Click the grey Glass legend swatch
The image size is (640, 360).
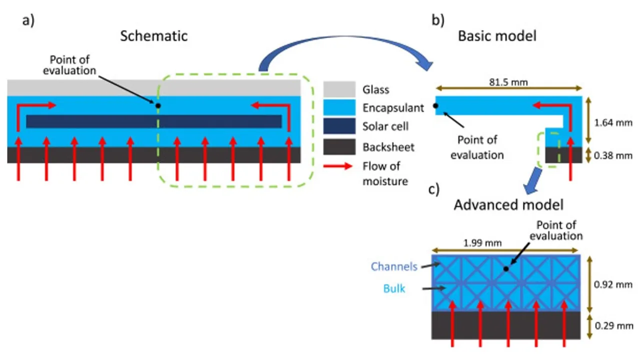(x=339, y=89)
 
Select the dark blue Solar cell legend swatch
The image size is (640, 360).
(x=339, y=126)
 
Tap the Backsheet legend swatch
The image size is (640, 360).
(x=339, y=146)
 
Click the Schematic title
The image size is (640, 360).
(x=154, y=36)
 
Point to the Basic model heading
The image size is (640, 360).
(x=497, y=36)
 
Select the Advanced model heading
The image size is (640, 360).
(x=508, y=205)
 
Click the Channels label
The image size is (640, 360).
(x=394, y=266)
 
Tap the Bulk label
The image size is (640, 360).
(x=394, y=288)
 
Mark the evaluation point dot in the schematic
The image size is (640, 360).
(x=158, y=105)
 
